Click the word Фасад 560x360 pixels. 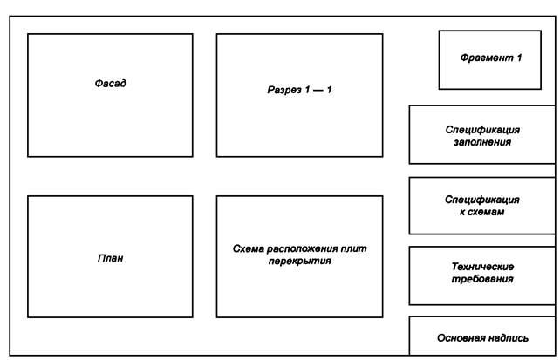point(110,84)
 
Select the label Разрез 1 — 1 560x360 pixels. point(299,90)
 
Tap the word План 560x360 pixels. point(110,258)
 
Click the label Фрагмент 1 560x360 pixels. point(490,58)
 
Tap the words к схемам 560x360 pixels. point(482,211)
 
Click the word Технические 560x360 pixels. point(482,267)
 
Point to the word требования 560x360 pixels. point(482,279)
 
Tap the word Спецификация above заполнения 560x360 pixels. point(482,127)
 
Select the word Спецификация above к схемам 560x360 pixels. point(482,199)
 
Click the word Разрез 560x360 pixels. point(283,90)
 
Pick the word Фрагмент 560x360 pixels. point(485,58)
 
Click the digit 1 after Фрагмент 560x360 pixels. point(519,58)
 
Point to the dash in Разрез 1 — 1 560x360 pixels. point(317,90)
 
